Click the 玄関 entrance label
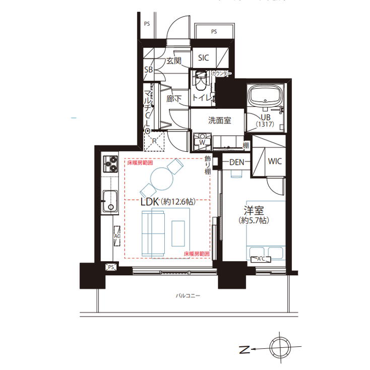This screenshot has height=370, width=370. [x=174, y=61]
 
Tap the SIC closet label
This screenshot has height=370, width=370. [x=203, y=58]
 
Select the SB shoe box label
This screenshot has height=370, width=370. [x=149, y=70]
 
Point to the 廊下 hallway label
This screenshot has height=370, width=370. [x=174, y=99]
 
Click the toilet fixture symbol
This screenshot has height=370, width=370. [x=200, y=81]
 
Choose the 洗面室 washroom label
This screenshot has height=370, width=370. [x=220, y=120]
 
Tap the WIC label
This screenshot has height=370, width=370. [x=275, y=162]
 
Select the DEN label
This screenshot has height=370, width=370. [x=237, y=162]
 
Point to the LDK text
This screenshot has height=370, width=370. [x=150, y=202]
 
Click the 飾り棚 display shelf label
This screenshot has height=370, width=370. [x=207, y=165]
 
